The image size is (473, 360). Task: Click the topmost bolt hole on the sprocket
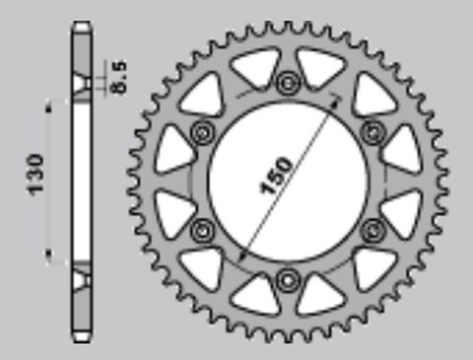point(288,83)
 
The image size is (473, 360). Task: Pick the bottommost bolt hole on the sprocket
point(288,277)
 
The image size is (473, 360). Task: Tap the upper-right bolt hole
point(372,131)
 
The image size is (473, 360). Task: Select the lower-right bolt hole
point(372,229)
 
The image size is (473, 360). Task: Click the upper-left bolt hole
point(204,131)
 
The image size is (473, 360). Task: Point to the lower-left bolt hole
point(204,229)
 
